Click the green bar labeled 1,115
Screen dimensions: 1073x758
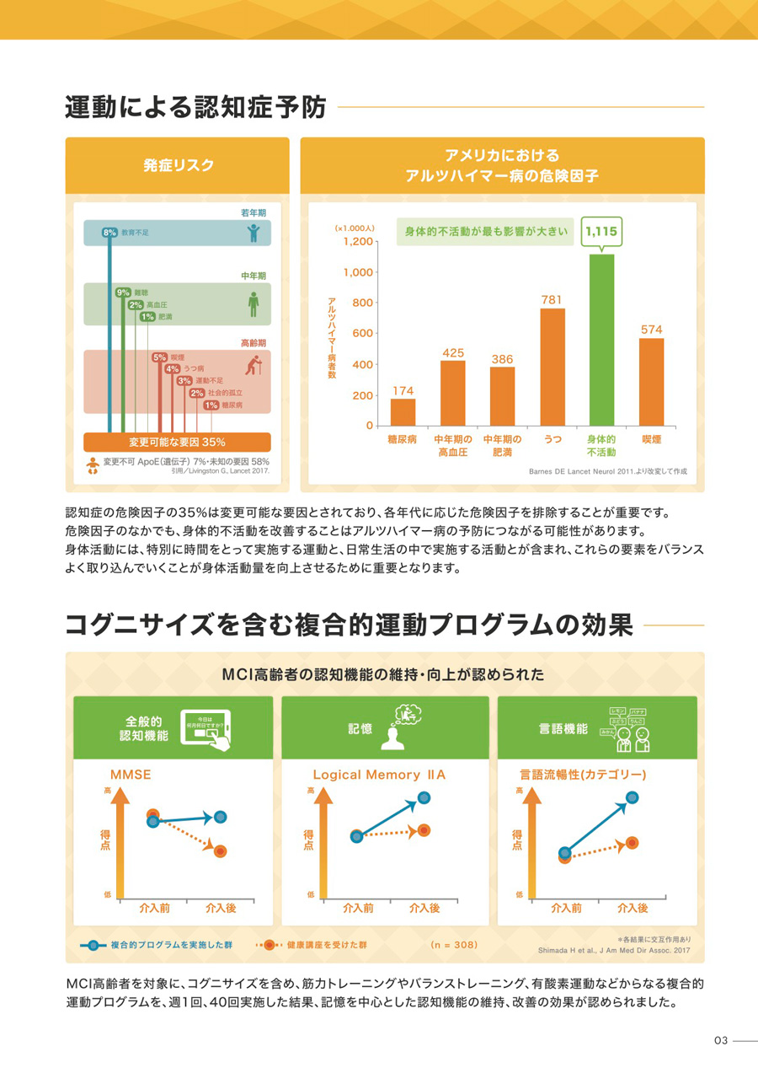coord(601,340)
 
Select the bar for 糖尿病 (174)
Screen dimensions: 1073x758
coord(403,412)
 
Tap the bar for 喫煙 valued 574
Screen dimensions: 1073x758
coord(651,382)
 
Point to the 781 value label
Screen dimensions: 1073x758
coord(552,299)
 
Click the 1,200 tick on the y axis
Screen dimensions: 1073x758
coord(358,241)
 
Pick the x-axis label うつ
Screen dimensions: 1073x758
coord(552,440)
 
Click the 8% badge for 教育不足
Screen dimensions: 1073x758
coord(109,232)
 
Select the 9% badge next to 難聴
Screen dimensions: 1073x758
coord(123,292)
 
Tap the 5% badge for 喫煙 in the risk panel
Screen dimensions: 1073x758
coord(159,357)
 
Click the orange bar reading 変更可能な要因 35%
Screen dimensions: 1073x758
coord(177,442)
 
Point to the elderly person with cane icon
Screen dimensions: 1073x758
coord(253,365)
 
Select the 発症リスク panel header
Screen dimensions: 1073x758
coord(178,164)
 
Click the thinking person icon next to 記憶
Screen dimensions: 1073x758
coord(403,727)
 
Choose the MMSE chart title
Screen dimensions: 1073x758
coord(131,774)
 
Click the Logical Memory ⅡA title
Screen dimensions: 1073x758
coord(379,774)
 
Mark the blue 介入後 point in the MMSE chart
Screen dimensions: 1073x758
coord(221,816)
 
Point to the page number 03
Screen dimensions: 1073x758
coord(721,1041)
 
